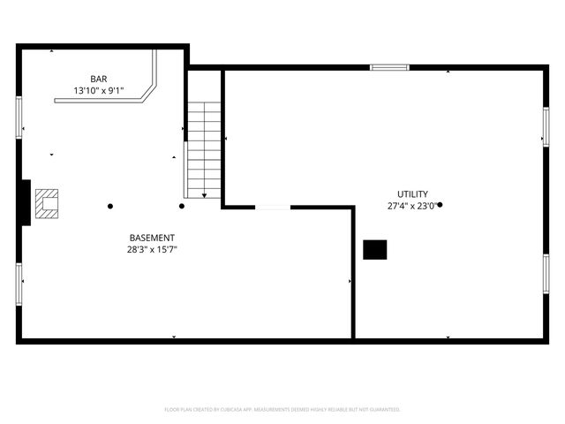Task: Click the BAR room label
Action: pos(98,78)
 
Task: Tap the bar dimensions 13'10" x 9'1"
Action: pos(98,90)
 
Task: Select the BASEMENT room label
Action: pos(152,238)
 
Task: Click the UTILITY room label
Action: pos(412,194)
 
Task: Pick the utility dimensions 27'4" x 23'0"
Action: pos(411,206)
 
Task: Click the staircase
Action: pos(204,148)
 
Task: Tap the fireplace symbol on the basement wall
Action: pos(46,204)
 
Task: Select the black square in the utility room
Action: pos(375,250)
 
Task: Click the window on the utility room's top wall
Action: pos(389,66)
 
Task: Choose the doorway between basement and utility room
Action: pos(273,208)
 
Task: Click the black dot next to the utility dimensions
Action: pos(441,205)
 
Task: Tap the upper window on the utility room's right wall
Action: pos(546,126)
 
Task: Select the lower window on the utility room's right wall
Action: pos(546,273)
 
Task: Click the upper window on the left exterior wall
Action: pos(19,117)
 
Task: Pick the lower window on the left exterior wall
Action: pos(19,283)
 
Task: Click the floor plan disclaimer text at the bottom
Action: pos(282,410)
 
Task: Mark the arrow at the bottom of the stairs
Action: pos(205,195)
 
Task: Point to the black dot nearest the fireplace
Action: pos(110,207)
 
